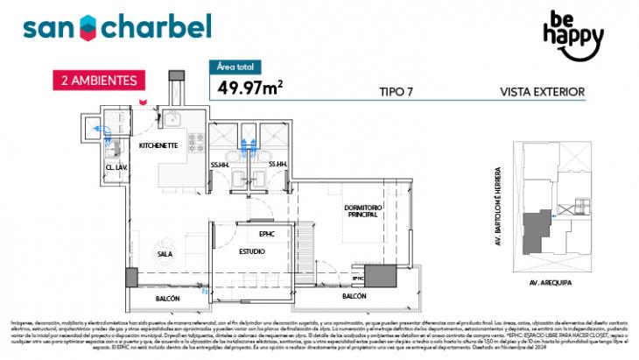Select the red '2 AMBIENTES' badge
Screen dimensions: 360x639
[98, 80]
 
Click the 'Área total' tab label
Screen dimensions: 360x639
[238, 66]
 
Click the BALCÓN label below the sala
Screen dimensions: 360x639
[168, 299]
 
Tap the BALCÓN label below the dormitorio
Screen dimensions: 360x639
[354, 297]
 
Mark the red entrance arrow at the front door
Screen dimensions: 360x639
[140, 102]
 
